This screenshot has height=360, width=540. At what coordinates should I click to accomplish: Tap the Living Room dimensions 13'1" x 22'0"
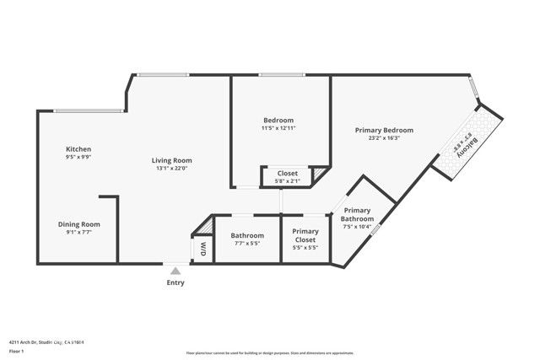click(171, 169)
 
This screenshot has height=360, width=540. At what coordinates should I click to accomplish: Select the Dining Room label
click(79, 223)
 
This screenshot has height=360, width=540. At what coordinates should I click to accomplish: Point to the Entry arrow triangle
click(175, 271)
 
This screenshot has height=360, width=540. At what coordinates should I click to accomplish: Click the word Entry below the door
click(175, 282)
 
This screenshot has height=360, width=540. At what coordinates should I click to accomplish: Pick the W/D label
click(203, 250)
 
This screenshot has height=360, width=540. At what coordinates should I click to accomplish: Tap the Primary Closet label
click(305, 235)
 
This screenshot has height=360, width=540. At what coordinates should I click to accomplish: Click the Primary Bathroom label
click(358, 214)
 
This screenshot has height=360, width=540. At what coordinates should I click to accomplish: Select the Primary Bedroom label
click(384, 130)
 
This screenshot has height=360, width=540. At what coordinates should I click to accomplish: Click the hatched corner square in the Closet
click(319, 175)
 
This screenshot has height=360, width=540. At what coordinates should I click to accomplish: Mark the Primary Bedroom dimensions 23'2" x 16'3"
click(384, 138)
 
